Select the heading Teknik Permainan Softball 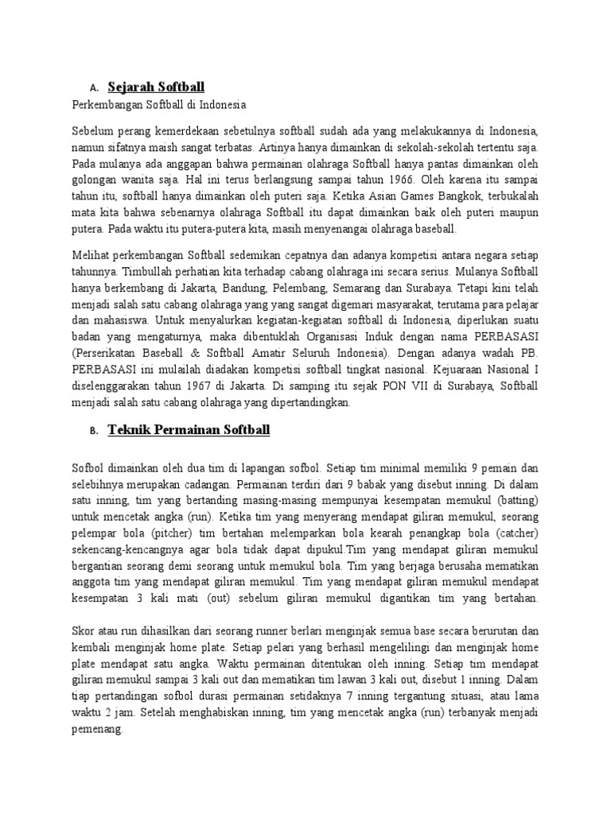point(189,430)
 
